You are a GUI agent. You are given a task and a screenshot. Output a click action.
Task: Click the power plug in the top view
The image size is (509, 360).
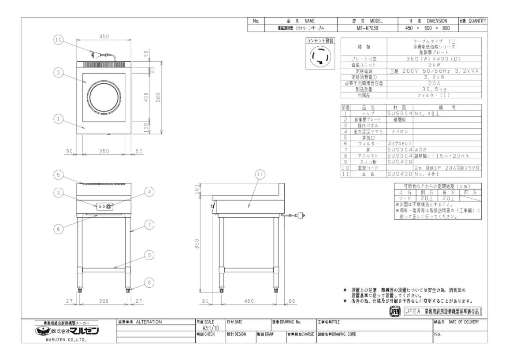(x=94, y=55)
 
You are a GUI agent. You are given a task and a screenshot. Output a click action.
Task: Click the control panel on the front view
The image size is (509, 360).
(x=104, y=206)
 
